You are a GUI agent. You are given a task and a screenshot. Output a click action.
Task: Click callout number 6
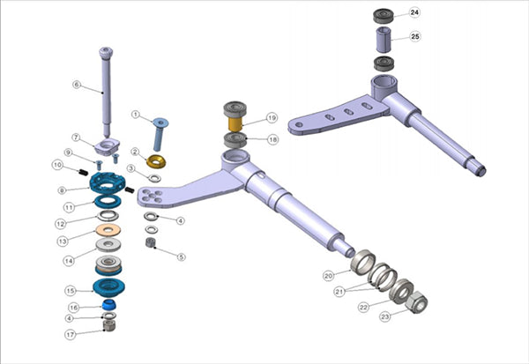pos(77,85)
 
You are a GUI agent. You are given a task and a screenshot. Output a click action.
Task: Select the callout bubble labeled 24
pos(414,13)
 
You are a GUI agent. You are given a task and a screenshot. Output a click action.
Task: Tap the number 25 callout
pos(414,38)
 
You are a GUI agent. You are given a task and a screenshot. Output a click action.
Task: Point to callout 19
pos(272,117)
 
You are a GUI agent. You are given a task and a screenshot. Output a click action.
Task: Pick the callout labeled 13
pos(63,241)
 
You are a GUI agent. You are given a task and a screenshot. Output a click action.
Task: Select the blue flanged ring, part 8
pos(108,183)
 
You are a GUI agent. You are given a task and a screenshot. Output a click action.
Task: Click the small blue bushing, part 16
pos(109,304)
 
